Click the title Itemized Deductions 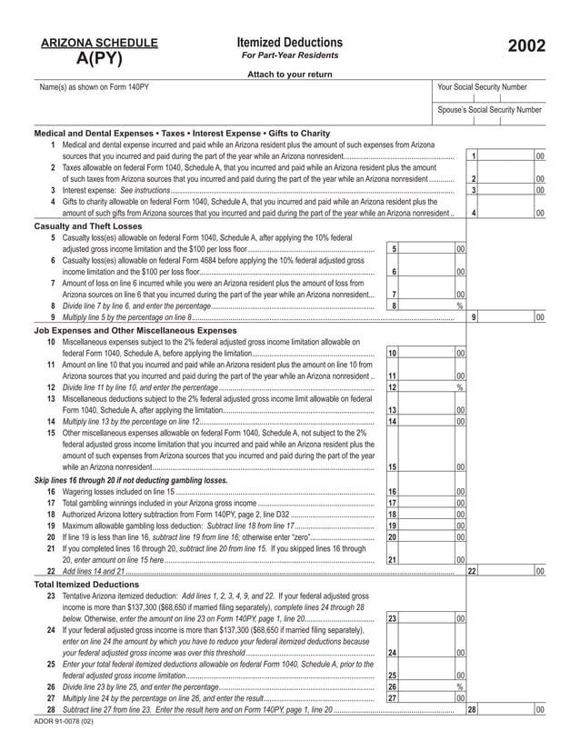[289, 43]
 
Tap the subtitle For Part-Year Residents [289, 56]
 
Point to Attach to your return [289, 74]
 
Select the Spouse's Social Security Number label [489, 110]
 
